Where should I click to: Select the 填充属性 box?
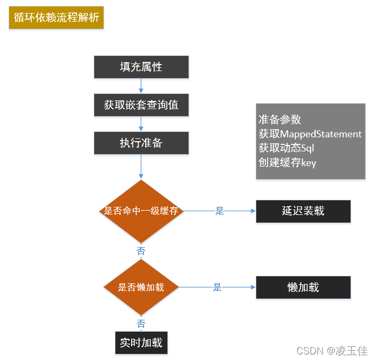click(141, 67)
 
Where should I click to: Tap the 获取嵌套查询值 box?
click(141, 105)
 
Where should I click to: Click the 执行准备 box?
click(141, 143)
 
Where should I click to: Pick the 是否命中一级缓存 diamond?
click(141, 211)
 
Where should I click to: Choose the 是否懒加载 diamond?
click(141, 287)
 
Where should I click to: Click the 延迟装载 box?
click(303, 211)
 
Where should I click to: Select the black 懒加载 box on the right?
click(303, 287)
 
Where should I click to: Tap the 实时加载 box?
click(141, 343)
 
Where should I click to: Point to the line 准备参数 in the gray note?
click(280, 119)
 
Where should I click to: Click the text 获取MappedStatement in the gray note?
click(310, 134)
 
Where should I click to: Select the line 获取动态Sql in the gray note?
click(287, 148)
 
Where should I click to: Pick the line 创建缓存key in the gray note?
click(287, 162)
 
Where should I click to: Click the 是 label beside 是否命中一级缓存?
click(219, 211)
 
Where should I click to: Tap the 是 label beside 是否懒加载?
click(217, 288)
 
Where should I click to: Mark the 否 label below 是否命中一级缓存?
click(141, 251)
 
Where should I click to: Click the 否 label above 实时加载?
click(141, 324)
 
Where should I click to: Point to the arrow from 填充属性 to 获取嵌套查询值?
click(141, 86)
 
